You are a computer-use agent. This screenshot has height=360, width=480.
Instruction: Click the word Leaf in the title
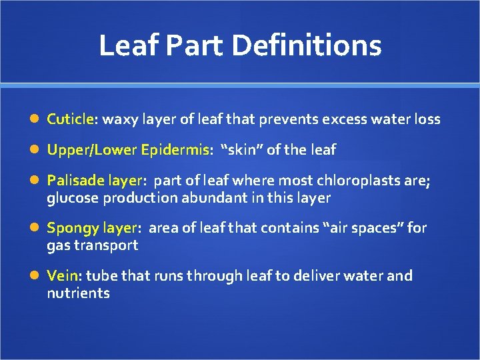[127, 46]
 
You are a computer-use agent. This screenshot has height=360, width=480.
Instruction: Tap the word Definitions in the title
[307, 46]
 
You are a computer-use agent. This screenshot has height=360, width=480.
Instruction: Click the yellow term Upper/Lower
[92, 150]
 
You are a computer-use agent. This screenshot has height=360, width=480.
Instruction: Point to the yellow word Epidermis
[175, 150]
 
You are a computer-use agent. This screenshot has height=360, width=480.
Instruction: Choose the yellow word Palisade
[73, 181]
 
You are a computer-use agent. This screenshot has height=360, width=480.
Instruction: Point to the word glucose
[70, 198]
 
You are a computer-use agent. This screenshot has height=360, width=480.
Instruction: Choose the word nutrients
[78, 293]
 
